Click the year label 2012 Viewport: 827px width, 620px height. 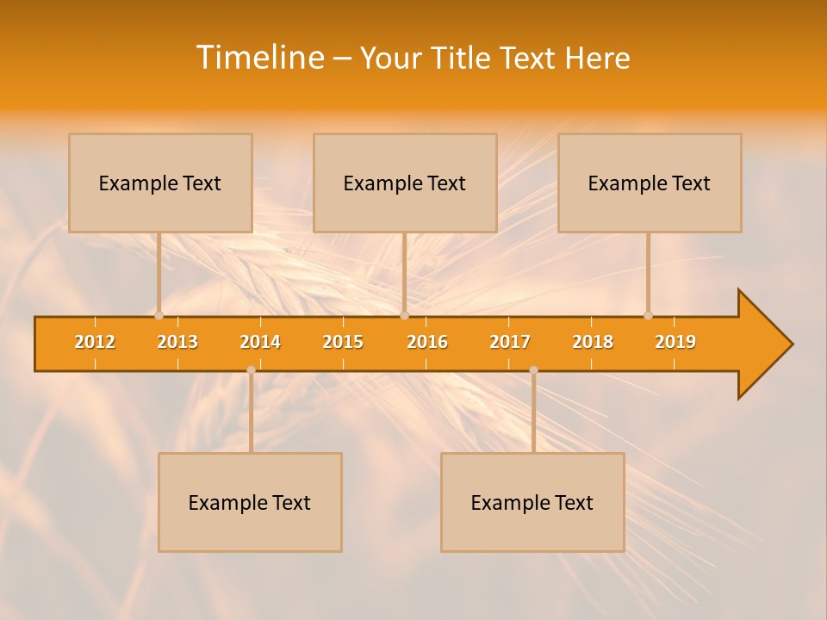[x=95, y=342]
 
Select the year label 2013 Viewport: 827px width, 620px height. [x=177, y=342]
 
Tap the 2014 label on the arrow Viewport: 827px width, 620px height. [x=260, y=342]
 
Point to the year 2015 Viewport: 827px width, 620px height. [x=343, y=342]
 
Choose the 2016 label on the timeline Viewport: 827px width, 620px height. [x=427, y=342]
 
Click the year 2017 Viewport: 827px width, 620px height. [x=510, y=342]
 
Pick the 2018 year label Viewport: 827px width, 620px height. [x=593, y=342]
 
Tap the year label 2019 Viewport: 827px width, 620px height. [x=675, y=342]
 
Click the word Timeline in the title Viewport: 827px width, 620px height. [x=259, y=58]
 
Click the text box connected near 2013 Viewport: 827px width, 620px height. [x=160, y=183]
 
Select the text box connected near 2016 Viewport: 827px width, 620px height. [x=405, y=183]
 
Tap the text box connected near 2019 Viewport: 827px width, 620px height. [x=650, y=183]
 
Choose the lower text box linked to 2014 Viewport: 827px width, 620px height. [x=250, y=502]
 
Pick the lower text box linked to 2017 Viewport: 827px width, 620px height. [x=532, y=502]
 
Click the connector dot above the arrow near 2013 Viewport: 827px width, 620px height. [x=159, y=315]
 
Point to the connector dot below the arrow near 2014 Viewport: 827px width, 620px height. [x=251, y=370]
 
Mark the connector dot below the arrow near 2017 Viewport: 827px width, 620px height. [x=533, y=370]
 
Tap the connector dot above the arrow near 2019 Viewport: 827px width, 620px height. [x=648, y=315]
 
